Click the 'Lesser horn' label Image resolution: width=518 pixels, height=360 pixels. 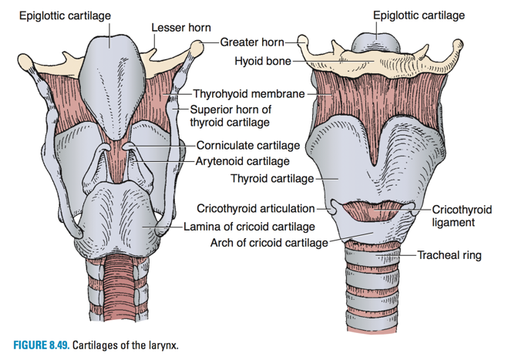[x=180, y=28]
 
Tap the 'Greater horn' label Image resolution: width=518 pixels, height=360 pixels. [x=252, y=42]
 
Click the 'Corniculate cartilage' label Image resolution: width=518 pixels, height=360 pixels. [x=247, y=144]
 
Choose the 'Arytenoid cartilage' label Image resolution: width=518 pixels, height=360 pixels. [x=242, y=161]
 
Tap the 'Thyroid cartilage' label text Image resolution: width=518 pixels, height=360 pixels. [x=272, y=179]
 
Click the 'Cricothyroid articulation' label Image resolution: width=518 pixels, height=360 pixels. [x=256, y=208]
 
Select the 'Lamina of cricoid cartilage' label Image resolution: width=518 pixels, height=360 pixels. [x=249, y=227]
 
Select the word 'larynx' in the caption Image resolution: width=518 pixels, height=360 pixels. [x=161, y=344]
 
